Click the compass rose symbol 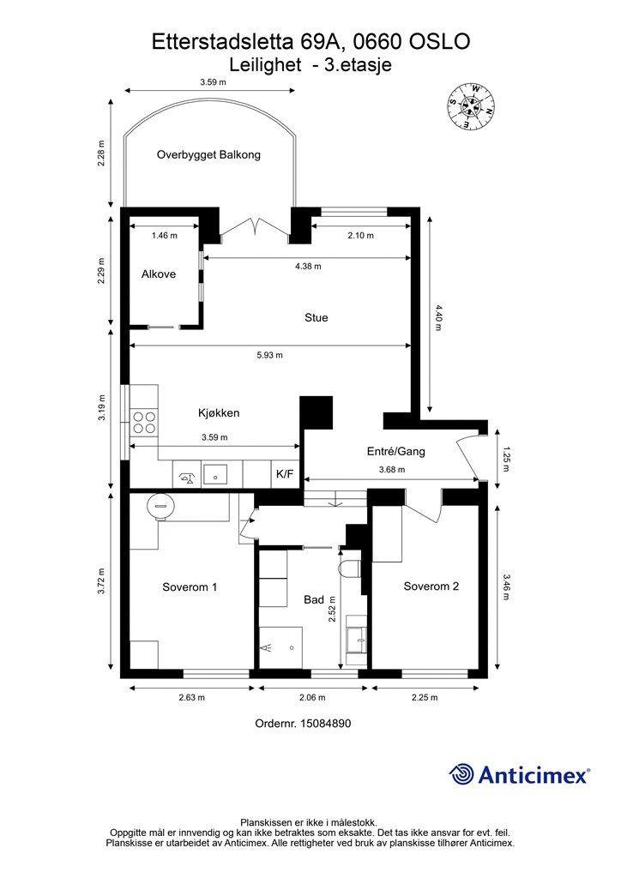(x=471, y=105)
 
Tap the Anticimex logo (x=519, y=774)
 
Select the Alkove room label (x=159, y=274)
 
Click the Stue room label (x=317, y=317)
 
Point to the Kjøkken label (x=219, y=412)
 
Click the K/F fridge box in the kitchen (x=285, y=473)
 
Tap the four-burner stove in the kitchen (x=143, y=422)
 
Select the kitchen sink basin (x=215, y=474)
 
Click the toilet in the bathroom (x=351, y=567)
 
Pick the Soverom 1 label (x=190, y=586)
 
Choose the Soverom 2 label (x=431, y=586)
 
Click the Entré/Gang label (x=396, y=451)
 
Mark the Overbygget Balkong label (x=209, y=154)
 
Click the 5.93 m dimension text (x=270, y=355)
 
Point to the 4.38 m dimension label (x=309, y=266)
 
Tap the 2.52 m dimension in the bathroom (x=331, y=610)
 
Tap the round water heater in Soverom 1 (x=160, y=506)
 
